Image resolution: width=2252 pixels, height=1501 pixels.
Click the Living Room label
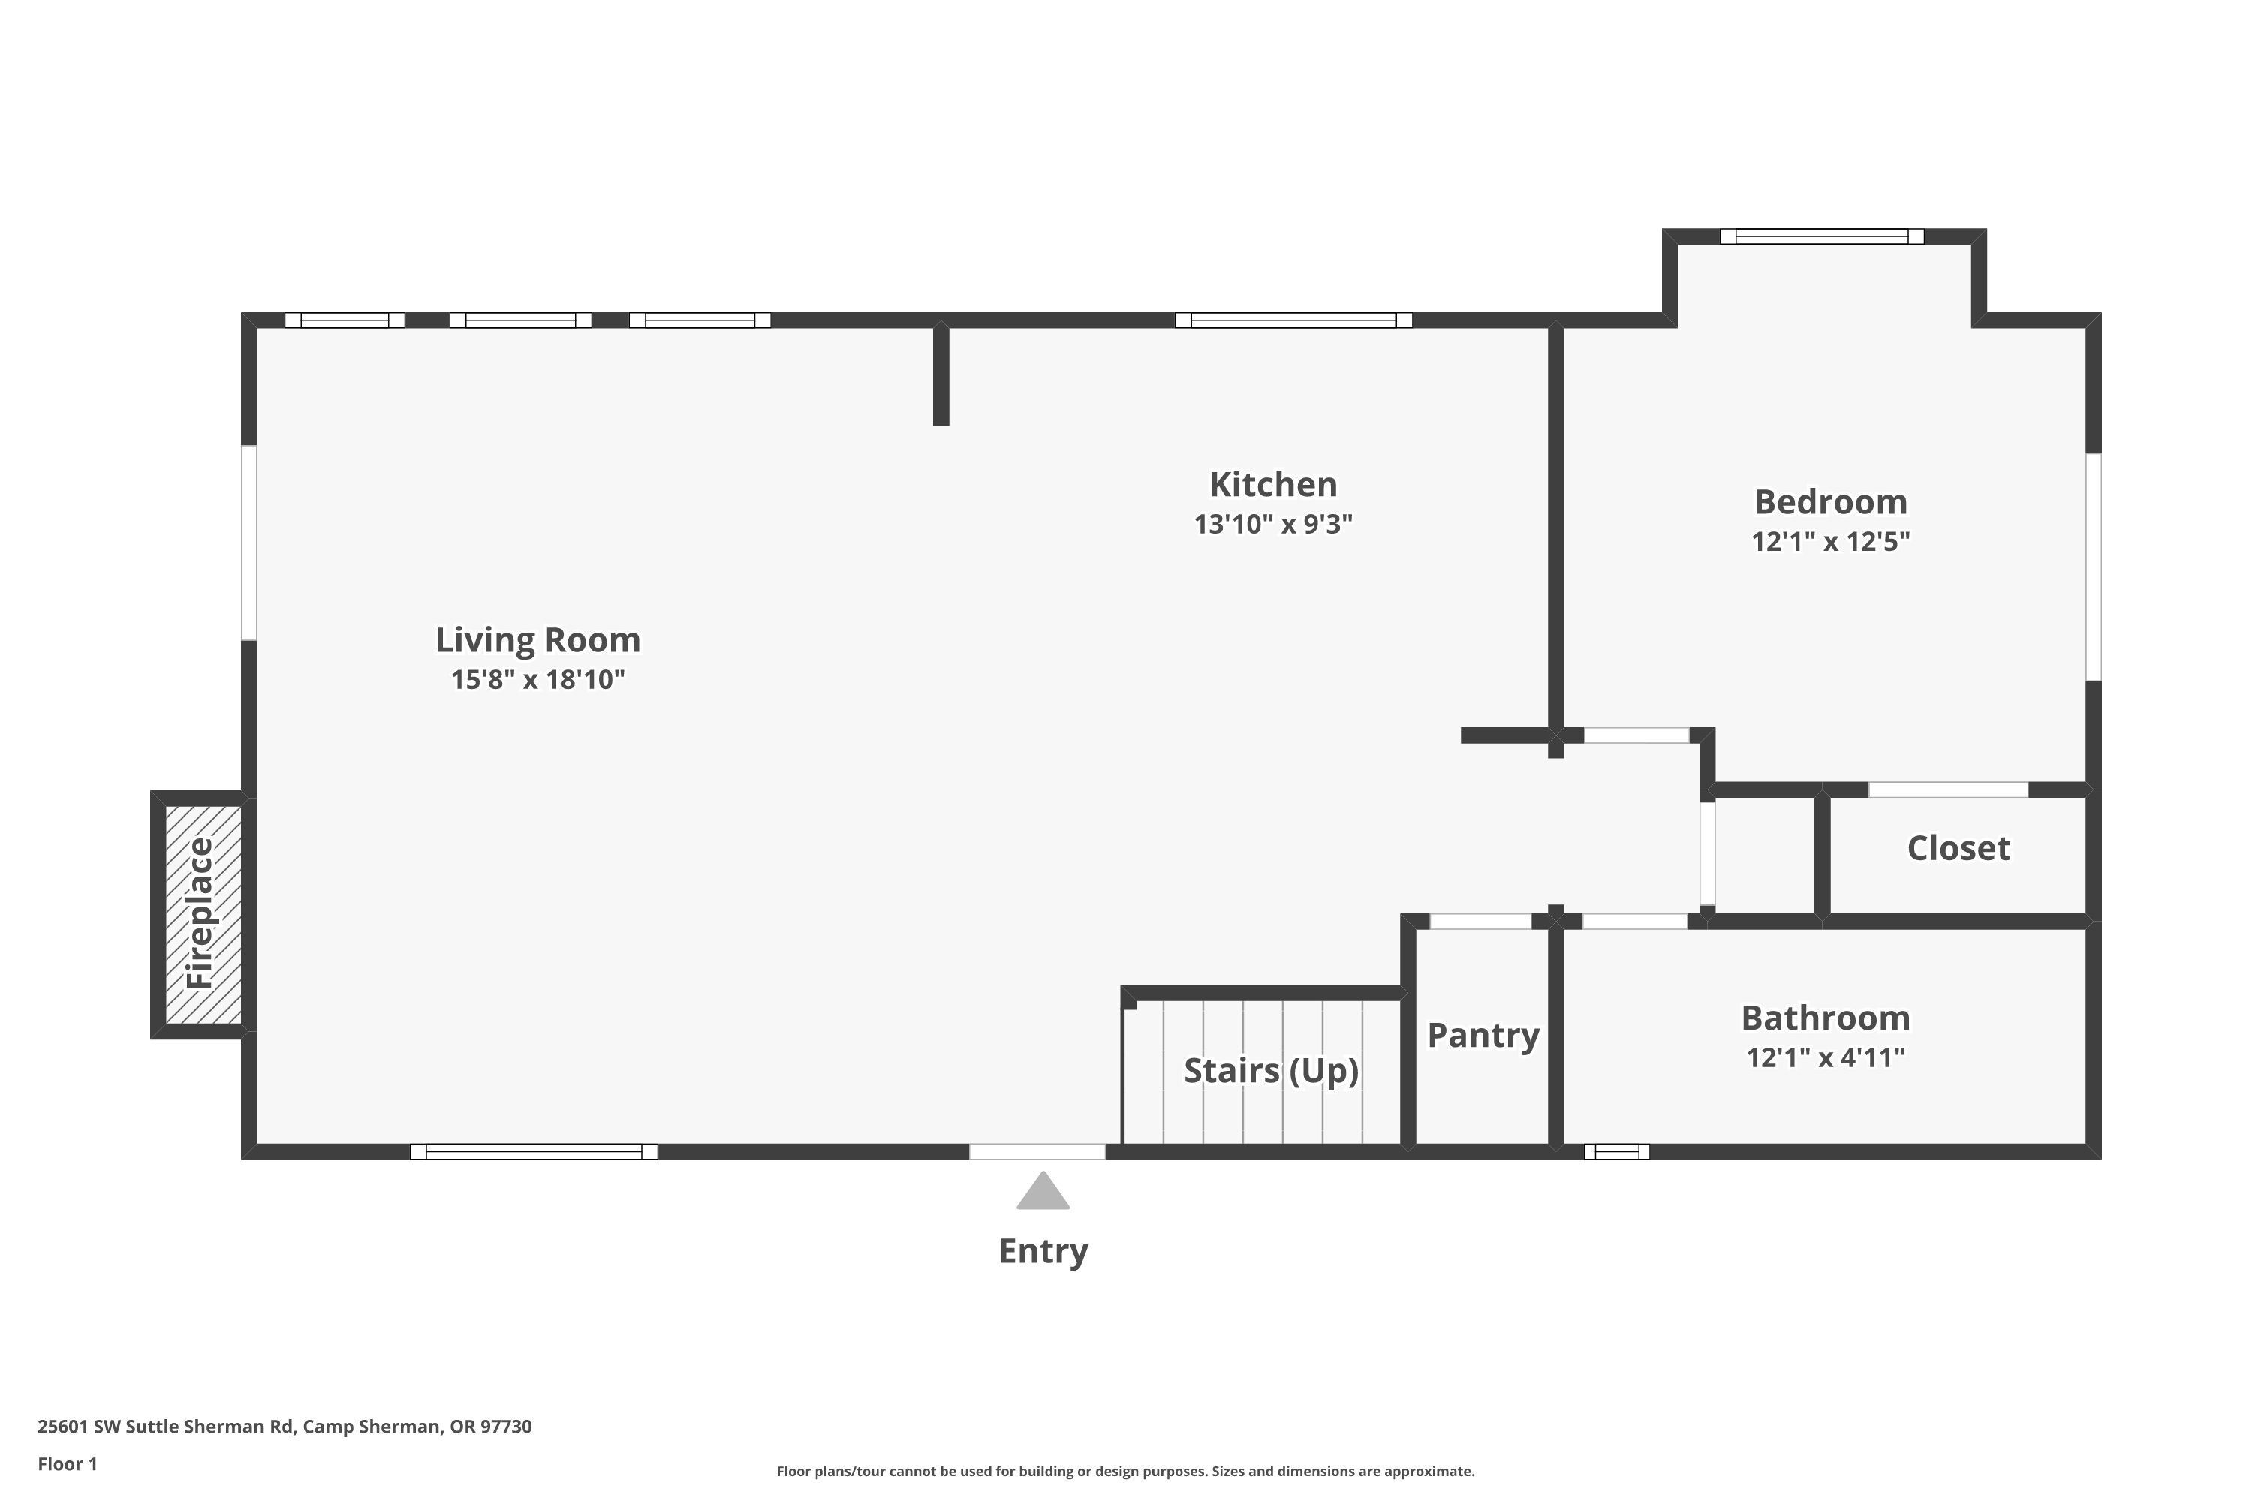[x=537, y=639]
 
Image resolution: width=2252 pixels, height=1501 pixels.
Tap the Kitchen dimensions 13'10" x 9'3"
[x=1272, y=525]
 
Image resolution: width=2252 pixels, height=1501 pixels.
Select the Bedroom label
[x=1830, y=501]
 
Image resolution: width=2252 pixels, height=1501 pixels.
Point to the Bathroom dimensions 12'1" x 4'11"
[x=1825, y=1057]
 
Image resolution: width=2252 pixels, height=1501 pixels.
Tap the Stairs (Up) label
[x=1271, y=1070]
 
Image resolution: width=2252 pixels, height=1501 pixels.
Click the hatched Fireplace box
[x=202, y=913]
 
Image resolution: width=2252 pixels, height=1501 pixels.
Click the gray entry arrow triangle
[x=1043, y=1192]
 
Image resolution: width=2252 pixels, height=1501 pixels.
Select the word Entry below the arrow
[x=1043, y=1251]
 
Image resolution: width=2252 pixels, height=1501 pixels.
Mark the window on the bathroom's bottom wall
[x=1616, y=1151]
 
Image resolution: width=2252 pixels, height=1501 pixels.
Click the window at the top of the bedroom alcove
[x=1821, y=236]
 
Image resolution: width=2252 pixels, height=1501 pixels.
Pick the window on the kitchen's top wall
[x=1293, y=320]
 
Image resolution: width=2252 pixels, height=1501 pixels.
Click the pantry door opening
[x=1480, y=922]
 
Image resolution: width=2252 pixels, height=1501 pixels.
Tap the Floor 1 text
[x=67, y=1463]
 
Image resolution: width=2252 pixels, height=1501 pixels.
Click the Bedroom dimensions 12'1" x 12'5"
[x=1830, y=542]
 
